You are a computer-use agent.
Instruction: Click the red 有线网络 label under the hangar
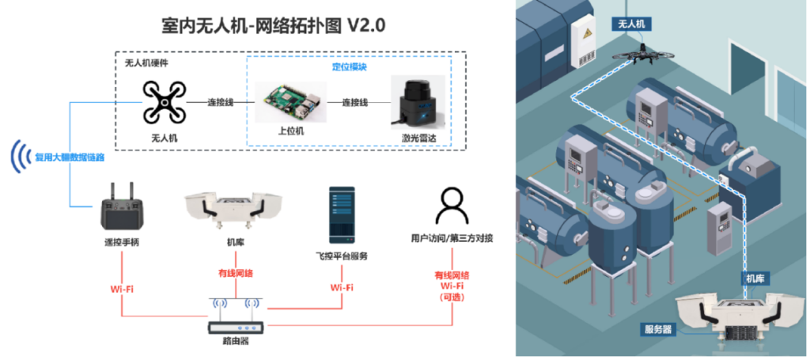pyautogui.click(x=235, y=273)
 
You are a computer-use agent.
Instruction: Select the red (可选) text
pyautogui.click(x=452, y=297)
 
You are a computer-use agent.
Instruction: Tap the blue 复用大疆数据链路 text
pyautogui.click(x=70, y=157)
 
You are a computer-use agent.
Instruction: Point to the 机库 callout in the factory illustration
pyautogui.click(x=751, y=279)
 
